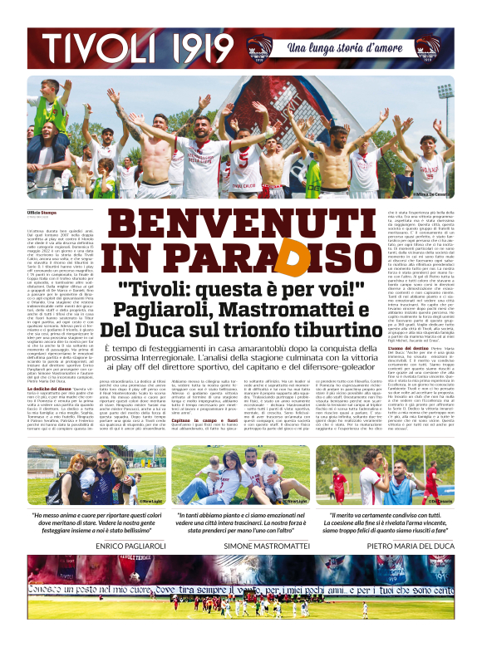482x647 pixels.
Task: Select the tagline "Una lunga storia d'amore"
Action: coord(343,49)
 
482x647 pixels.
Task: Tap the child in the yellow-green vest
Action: coord(108,174)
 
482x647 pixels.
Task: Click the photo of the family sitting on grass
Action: coord(240,475)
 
